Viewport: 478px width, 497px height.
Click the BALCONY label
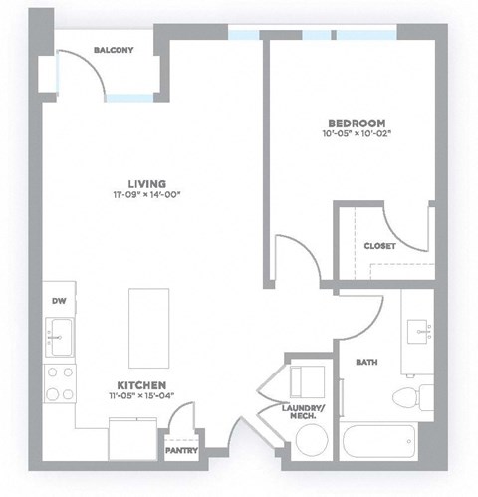[x=115, y=49]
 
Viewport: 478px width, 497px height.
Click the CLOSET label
[x=379, y=246]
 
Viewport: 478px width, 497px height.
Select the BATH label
[x=366, y=362]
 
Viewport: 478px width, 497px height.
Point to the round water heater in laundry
[x=310, y=439]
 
